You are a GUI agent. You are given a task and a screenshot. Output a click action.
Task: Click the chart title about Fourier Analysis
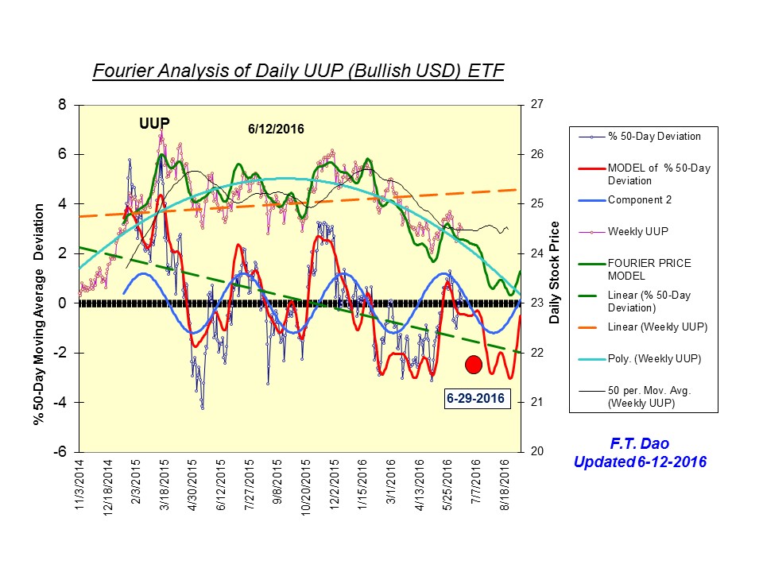(298, 71)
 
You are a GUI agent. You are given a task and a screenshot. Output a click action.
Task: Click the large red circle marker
(474, 365)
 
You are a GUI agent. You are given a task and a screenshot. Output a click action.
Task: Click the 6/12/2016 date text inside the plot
(275, 129)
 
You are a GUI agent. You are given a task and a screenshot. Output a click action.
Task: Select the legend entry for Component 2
(640, 200)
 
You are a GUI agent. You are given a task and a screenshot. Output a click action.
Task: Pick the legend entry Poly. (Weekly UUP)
(654, 359)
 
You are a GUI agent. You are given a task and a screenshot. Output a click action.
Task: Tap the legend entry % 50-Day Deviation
(654, 136)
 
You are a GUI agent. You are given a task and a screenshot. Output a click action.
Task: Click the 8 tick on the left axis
(67, 104)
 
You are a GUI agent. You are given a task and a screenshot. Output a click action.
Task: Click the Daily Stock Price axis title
(556, 272)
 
